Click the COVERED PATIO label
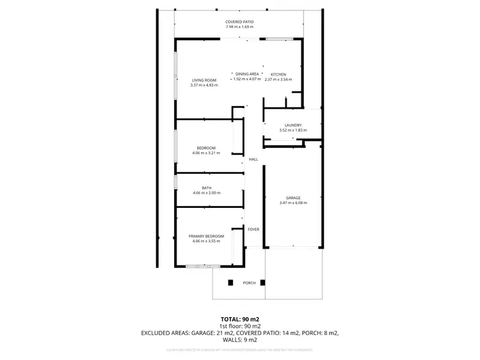click(x=239, y=22)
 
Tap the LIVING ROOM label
click(x=204, y=80)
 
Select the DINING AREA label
click(x=246, y=74)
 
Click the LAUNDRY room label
click(x=292, y=125)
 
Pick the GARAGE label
click(x=293, y=198)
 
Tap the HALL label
click(x=253, y=159)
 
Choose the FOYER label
click(x=253, y=228)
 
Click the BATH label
click(x=206, y=188)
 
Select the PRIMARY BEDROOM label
click(x=205, y=237)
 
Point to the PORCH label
click(x=249, y=283)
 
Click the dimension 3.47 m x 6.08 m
click(x=293, y=203)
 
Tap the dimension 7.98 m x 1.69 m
click(x=239, y=27)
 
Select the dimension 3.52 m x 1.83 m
click(x=292, y=130)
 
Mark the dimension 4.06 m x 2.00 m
click(x=206, y=192)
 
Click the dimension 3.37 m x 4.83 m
click(x=204, y=85)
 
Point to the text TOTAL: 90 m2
click(x=240, y=318)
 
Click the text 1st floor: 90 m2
click(x=240, y=325)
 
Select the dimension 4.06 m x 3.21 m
click(x=206, y=153)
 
